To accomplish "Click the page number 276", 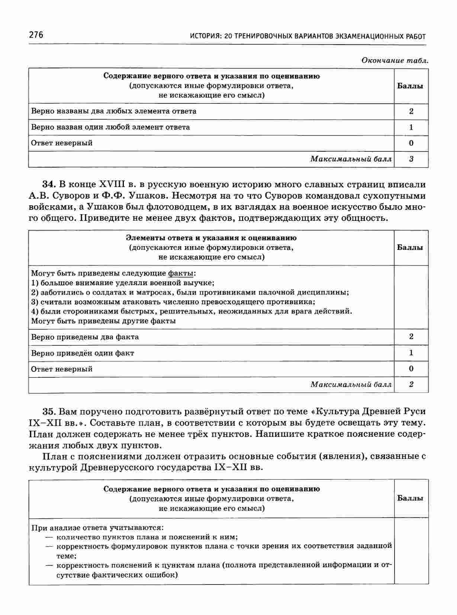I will click(x=36, y=35).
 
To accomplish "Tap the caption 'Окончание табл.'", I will click(x=395, y=60).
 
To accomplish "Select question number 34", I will click(x=49, y=184).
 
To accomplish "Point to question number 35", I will click(x=49, y=411).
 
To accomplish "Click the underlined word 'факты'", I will click(x=181, y=273).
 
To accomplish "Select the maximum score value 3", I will click(x=411, y=159).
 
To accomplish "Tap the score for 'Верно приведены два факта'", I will click(x=411, y=337).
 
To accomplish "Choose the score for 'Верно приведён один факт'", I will click(x=411, y=352).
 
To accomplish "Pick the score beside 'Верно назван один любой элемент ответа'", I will click(x=411, y=127).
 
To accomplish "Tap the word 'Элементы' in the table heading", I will click(x=141, y=238).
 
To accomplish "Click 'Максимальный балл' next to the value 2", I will click(x=351, y=384).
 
